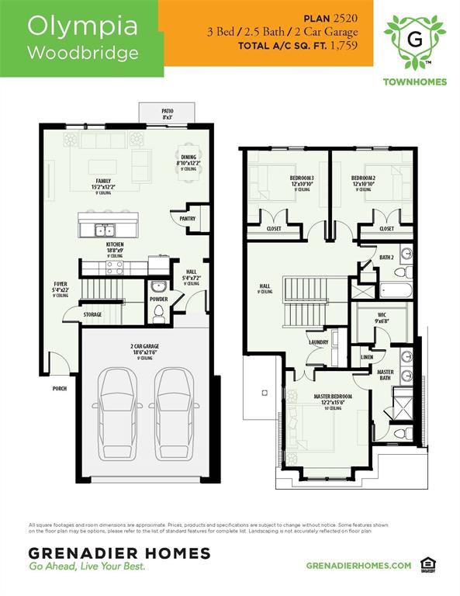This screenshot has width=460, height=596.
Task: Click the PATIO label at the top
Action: [168, 111]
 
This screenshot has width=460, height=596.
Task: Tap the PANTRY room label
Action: [187, 219]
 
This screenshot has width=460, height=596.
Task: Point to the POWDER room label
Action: [158, 299]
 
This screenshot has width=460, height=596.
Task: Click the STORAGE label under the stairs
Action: [93, 314]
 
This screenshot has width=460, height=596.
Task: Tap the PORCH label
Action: [60, 388]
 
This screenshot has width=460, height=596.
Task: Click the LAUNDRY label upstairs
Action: [319, 341]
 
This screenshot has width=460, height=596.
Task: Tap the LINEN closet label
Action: [367, 358]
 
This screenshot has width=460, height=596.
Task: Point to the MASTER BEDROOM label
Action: [333, 397]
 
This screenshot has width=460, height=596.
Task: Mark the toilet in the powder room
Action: [159, 314]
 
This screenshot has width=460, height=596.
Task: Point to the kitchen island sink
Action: [105, 230]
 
